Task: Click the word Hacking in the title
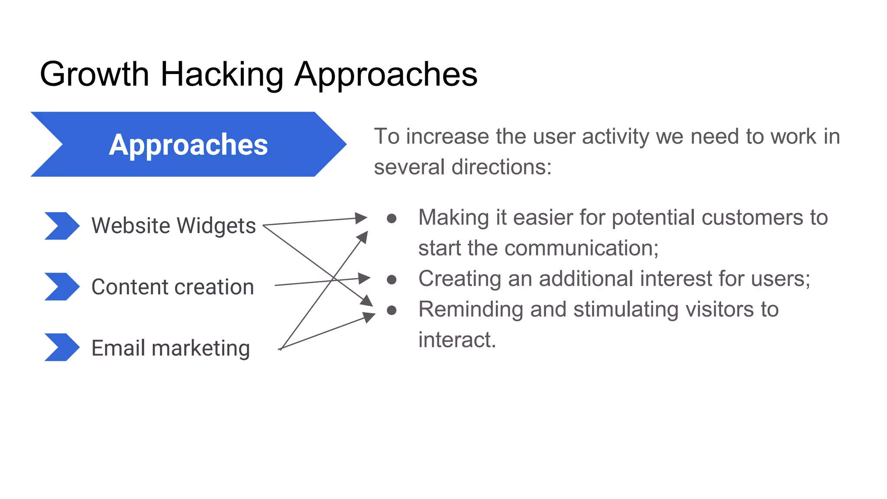(x=222, y=75)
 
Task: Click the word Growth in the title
(x=94, y=75)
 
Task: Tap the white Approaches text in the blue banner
(x=188, y=145)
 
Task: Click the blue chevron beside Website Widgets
(x=62, y=226)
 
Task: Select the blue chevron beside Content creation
(x=62, y=286)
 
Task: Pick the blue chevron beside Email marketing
(x=62, y=347)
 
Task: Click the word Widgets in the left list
(x=216, y=226)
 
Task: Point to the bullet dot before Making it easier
(x=392, y=218)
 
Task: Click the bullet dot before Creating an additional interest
(x=392, y=280)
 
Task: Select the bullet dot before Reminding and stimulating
(x=392, y=310)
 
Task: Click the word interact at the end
(x=456, y=340)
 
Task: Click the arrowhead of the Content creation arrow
(x=365, y=278)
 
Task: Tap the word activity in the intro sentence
(x=615, y=136)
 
